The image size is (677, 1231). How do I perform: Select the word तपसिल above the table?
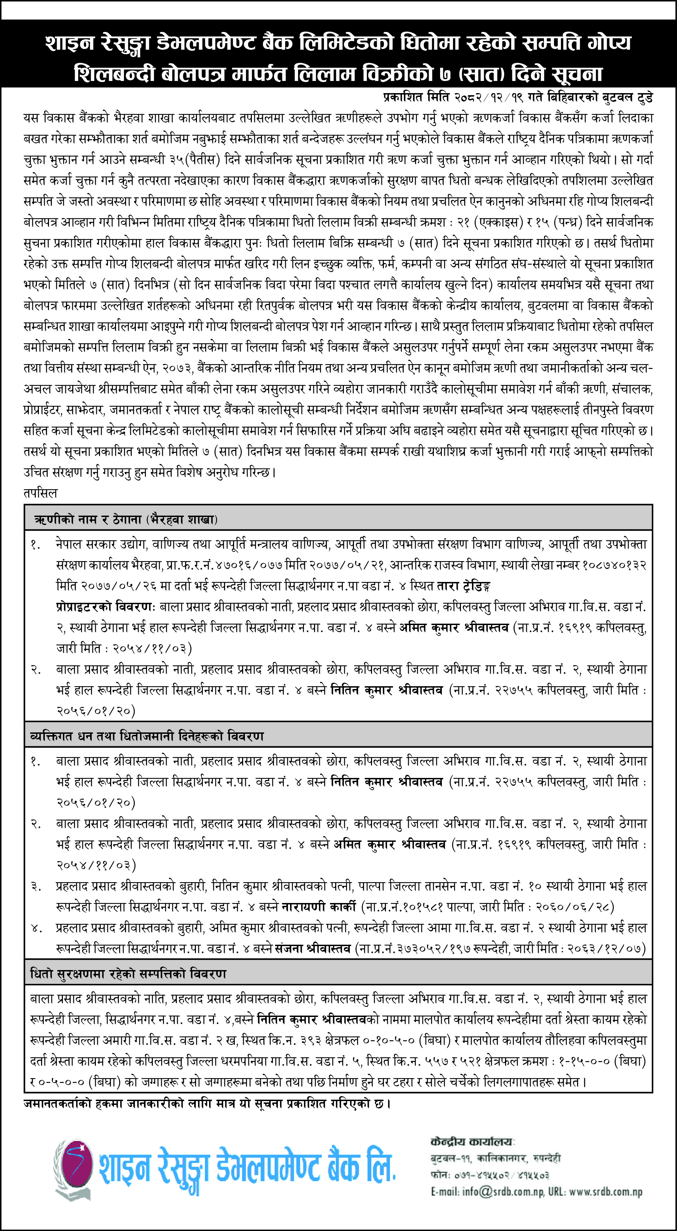click(40, 493)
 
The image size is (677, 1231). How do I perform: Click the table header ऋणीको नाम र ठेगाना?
click(88, 519)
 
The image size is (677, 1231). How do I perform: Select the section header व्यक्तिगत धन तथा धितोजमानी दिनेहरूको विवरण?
click(146, 736)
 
